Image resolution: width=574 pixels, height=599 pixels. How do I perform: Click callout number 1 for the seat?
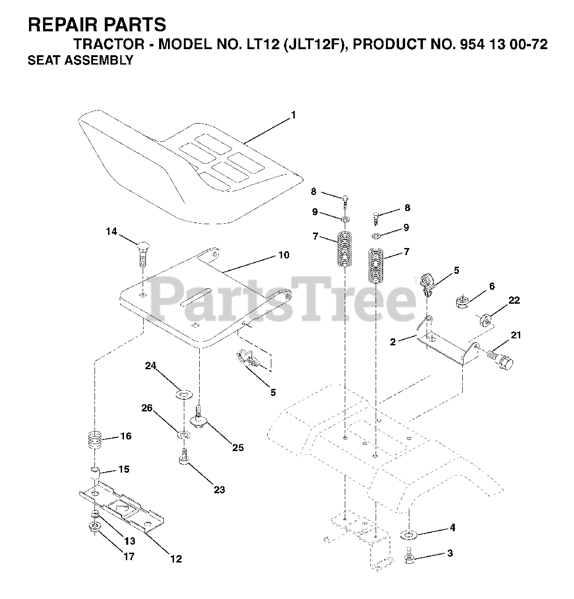[x=293, y=115]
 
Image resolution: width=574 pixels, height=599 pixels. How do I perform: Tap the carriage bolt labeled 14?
[x=142, y=253]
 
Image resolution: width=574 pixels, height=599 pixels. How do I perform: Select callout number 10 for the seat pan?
[x=283, y=255]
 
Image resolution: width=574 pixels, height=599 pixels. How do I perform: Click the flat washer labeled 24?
[x=183, y=395]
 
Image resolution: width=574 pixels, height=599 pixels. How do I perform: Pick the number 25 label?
[x=238, y=448]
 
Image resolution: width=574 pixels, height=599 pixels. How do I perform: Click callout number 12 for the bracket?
[x=176, y=559]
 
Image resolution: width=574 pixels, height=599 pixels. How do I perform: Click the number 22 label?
[x=514, y=300]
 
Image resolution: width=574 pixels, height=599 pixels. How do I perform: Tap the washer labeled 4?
[x=408, y=534]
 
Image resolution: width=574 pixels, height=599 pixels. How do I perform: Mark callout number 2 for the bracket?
[x=392, y=342]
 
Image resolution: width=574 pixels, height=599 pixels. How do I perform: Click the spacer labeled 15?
[x=95, y=470]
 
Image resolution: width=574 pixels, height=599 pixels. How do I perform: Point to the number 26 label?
[x=147, y=408]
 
